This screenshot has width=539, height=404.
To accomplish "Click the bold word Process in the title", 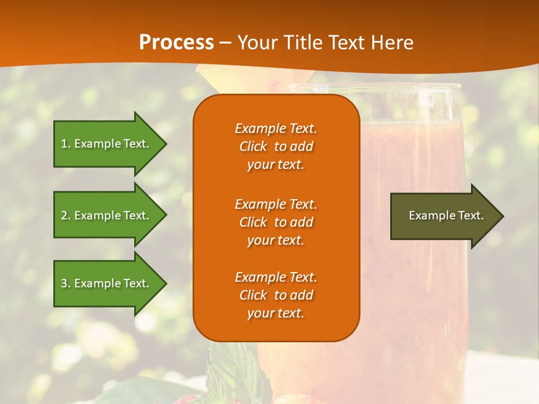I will pos(176,43).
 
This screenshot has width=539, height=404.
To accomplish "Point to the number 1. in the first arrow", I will pos(66,144).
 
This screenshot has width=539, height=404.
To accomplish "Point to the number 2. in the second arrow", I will pos(66,215).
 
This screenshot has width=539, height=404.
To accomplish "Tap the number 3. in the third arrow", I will pos(66,283).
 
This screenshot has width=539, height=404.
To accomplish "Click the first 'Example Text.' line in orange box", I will pos(276,128).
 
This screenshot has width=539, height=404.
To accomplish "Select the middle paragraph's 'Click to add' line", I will pos(276,222).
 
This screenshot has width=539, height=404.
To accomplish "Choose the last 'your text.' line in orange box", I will pos(276,313).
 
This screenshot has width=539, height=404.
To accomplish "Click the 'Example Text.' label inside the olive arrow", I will pos(446,215).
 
